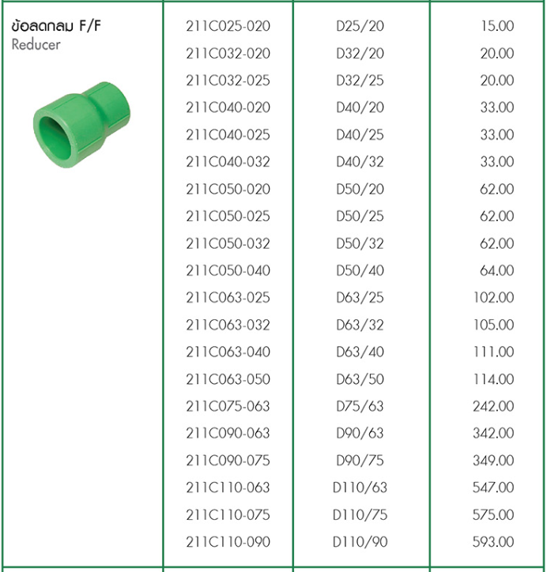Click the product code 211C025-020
pyautogui.click(x=228, y=26)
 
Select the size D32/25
pyautogui.click(x=360, y=81)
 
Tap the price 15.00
pyautogui.click(x=497, y=26)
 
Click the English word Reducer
pyautogui.click(x=36, y=44)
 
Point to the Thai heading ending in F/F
pyautogui.click(x=56, y=26)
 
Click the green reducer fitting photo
pyautogui.click(x=81, y=125)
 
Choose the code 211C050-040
pyautogui.click(x=228, y=271)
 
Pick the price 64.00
pyautogui.click(x=496, y=271)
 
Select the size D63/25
pyautogui.click(x=360, y=298)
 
